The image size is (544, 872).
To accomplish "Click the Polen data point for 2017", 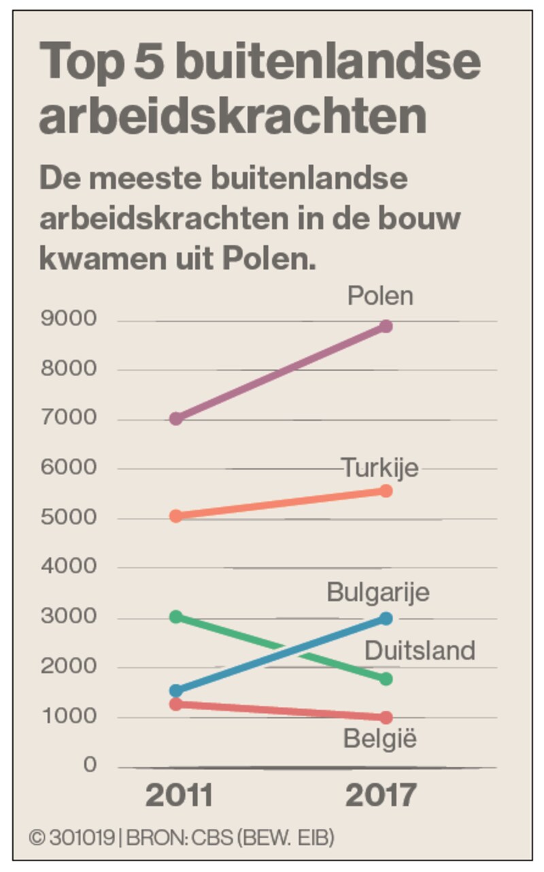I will [386, 326].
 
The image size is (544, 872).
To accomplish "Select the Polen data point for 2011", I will [176, 418].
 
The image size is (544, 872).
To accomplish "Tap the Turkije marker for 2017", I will [386, 491].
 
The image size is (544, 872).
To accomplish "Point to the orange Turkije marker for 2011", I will [176, 516].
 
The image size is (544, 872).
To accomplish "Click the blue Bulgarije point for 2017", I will [386, 618].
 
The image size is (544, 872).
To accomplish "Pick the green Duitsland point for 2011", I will [176, 617].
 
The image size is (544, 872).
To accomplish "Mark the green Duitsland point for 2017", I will [386, 679].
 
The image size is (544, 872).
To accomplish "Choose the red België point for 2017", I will [386, 717].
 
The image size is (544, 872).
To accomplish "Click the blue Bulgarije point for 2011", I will [176, 691].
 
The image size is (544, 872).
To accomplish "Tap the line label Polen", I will [380, 296].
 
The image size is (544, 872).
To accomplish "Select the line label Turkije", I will [379, 468].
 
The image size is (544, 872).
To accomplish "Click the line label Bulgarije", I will [378, 593].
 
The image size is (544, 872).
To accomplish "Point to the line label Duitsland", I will [420, 651].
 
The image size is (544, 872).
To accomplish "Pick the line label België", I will [379, 739].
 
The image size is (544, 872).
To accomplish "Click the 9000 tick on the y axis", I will [69, 319].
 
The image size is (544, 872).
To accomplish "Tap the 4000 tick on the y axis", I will [69, 566].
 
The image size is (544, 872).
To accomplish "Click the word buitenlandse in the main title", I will [328, 63].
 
